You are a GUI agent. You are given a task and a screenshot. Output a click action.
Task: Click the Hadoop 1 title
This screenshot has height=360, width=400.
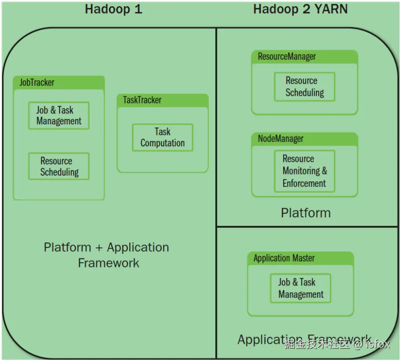pyautogui.click(x=113, y=9)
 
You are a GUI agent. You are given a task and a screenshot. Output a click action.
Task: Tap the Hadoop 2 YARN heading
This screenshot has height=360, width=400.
pyautogui.click(x=300, y=9)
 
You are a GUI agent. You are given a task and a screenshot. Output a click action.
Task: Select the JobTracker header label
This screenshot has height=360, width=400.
pyautogui.click(x=37, y=82)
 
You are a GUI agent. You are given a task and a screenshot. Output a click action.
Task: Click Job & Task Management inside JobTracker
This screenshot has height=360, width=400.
pyautogui.click(x=59, y=116)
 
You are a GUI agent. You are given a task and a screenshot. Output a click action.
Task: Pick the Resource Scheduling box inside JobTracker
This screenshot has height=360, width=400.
pyautogui.click(x=59, y=166)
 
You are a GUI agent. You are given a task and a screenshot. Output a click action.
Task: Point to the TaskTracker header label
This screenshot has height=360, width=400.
pyautogui.click(x=142, y=100)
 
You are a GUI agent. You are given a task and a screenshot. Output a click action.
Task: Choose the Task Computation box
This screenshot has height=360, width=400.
pyautogui.click(x=162, y=138)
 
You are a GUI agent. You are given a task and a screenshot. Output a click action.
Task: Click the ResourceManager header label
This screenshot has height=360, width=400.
pyautogui.click(x=287, y=56)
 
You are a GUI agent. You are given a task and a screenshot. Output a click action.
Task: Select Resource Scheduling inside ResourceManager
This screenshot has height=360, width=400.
pyautogui.click(x=305, y=87)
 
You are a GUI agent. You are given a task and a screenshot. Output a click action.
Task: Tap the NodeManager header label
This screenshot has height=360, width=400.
pyautogui.click(x=281, y=139)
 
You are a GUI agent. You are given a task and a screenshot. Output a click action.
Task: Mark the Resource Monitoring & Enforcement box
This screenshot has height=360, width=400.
pyautogui.click(x=305, y=171)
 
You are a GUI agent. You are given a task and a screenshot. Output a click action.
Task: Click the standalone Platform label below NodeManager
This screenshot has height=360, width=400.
pyautogui.click(x=305, y=213)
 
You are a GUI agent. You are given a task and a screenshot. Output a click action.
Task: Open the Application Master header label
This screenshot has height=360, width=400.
pyautogui.click(x=284, y=258)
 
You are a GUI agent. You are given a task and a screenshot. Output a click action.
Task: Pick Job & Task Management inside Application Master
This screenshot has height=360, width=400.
pyautogui.click(x=301, y=288)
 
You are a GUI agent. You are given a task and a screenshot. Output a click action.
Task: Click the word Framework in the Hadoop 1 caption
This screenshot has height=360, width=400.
pyautogui.click(x=109, y=263)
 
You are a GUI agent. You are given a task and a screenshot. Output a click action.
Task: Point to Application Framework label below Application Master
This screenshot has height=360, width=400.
pyautogui.click(x=304, y=339)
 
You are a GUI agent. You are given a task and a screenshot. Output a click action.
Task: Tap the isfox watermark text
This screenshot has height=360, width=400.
pyautogui.click(x=378, y=344)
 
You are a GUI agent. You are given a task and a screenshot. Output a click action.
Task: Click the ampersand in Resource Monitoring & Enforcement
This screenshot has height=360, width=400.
pyautogui.click(x=324, y=171)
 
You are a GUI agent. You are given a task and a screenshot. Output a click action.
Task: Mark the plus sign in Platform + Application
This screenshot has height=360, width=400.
pyautogui.click(x=98, y=248)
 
